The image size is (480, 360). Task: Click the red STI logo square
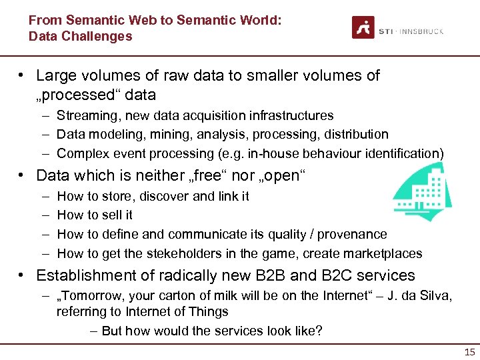coord(363,27)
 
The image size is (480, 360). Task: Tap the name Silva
coord(435,296)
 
